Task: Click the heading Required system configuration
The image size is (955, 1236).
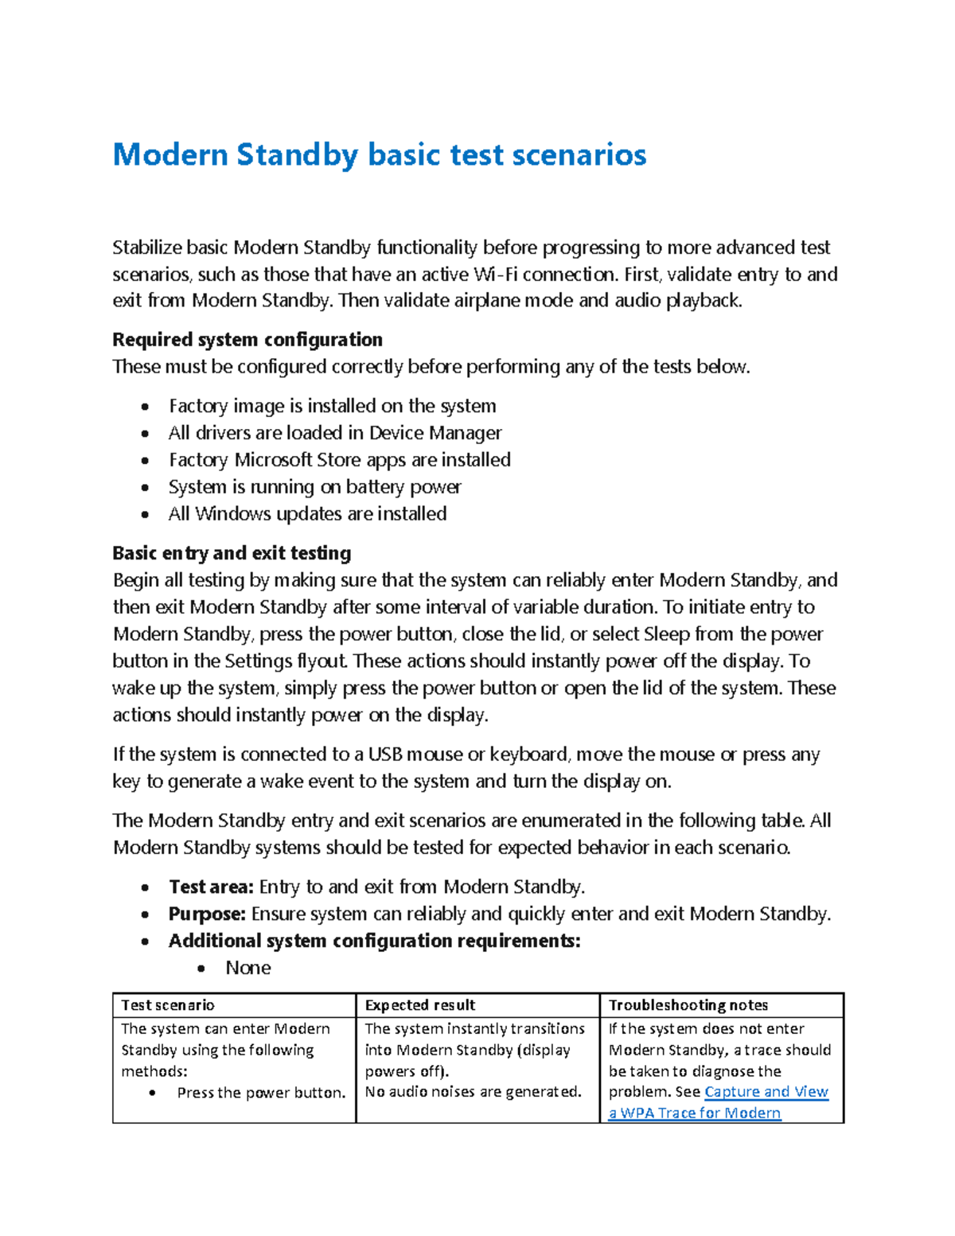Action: (247, 340)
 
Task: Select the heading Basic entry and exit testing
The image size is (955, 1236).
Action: (232, 553)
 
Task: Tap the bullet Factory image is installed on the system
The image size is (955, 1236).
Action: (332, 406)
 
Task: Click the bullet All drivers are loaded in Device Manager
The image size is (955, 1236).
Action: (335, 433)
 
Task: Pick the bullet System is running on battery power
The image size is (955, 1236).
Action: (314, 487)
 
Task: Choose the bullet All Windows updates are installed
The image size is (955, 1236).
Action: (307, 514)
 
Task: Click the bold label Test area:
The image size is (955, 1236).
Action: (211, 887)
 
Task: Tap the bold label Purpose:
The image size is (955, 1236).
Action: (206, 914)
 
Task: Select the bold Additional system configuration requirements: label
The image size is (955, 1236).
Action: (374, 941)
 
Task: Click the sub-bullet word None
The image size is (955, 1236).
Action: (248, 968)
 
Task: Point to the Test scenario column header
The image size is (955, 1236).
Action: (167, 1005)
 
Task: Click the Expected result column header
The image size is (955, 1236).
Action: (419, 1005)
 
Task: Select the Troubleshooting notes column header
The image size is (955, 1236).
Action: (688, 1005)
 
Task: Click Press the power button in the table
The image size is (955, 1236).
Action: (261, 1093)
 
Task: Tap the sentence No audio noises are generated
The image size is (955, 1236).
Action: (473, 1092)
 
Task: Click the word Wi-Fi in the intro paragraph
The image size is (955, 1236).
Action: (494, 275)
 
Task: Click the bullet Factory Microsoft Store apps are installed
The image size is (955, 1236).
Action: (339, 460)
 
